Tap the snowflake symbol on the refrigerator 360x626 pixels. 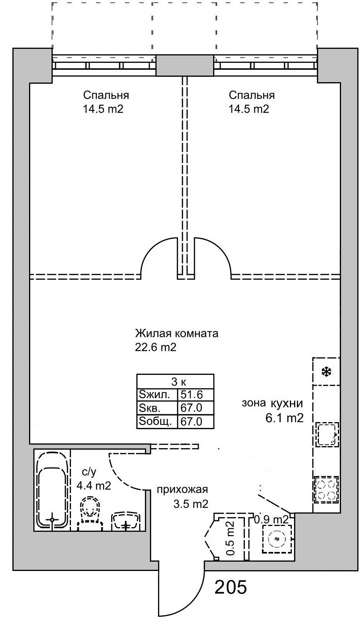(x=326, y=372)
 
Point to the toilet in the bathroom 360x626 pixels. (x=90, y=514)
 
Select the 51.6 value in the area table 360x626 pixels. (x=191, y=395)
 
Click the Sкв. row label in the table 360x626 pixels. (x=150, y=408)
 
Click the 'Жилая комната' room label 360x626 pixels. (x=176, y=334)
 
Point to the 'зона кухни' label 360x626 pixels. (x=272, y=403)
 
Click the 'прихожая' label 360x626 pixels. (x=182, y=490)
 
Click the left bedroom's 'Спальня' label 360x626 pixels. (x=106, y=96)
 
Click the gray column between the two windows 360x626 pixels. (x=185, y=66)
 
